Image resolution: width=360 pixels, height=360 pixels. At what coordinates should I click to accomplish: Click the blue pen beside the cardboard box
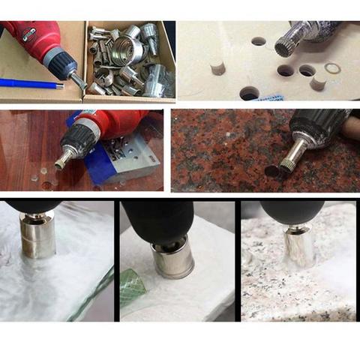(30, 84)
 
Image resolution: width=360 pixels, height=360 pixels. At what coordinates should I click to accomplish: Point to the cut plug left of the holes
(218, 68)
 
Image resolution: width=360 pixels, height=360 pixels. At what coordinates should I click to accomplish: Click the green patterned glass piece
(134, 283)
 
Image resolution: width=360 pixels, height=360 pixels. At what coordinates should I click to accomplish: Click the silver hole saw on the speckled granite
(298, 247)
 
